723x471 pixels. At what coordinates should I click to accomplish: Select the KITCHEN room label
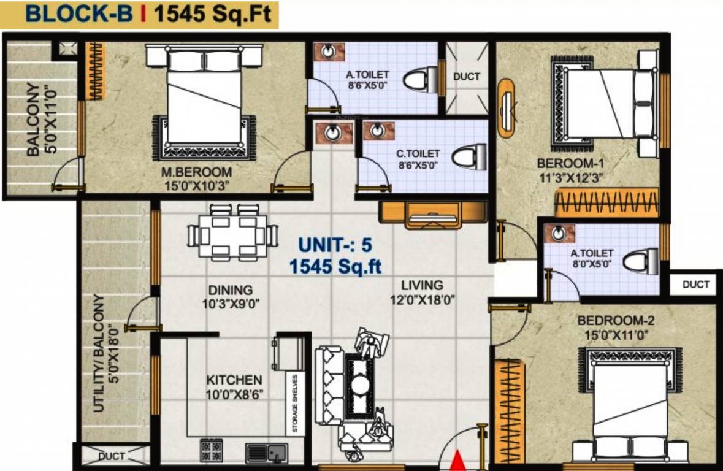pos(234,380)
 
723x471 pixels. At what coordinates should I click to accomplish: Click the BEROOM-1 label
pos(570,164)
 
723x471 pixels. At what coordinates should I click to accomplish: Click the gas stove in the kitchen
pos(212,452)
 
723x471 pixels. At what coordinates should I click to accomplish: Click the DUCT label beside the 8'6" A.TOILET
pos(467,77)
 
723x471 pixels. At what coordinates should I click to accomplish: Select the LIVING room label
pos(422,285)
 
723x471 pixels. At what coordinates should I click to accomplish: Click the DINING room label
pos(230,289)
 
